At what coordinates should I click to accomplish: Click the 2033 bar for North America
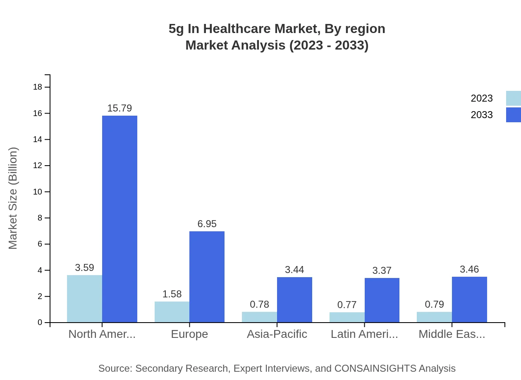click(x=119, y=219)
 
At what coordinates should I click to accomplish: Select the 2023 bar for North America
click(x=84, y=299)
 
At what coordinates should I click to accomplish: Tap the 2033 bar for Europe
click(x=207, y=277)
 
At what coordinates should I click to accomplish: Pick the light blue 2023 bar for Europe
click(x=172, y=312)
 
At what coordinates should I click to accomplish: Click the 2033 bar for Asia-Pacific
click(x=294, y=300)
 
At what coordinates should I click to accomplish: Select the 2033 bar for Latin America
click(x=382, y=300)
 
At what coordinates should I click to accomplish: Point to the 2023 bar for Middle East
click(x=434, y=317)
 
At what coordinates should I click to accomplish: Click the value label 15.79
click(x=119, y=108)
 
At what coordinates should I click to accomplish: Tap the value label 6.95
click(x=207, y=224)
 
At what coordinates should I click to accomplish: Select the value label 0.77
click(x=347, y=305)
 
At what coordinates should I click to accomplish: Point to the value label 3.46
click(x=469, y=269)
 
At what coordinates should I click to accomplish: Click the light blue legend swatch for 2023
click(x=513, y=98)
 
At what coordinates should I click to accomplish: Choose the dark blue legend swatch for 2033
click(x=513, y=115)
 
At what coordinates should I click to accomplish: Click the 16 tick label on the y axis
click(x=38, y=113)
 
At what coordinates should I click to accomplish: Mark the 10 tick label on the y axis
click(x=38, y=192)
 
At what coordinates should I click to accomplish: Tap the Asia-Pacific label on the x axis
click(x=277, y=334)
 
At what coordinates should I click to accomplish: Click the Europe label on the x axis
click(x=189, y=334)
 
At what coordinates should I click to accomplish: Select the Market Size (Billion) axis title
click(x=13, y=198)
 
